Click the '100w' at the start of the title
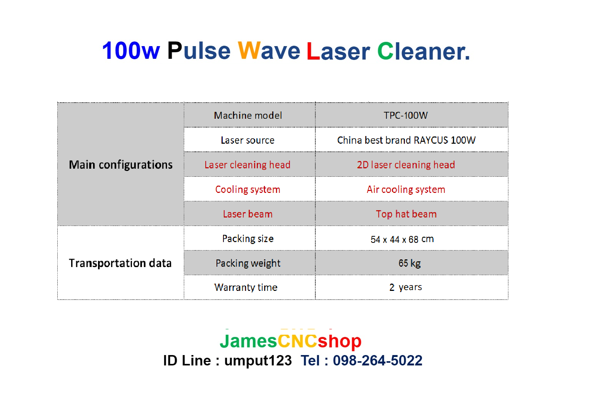pyautogui.click(x=131, y=51)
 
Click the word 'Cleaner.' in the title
pyautogui.click(x=423, y=51)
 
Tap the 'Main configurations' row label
pyautogui.click(x=121, y=164)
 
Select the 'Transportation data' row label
pyautogui.click(x=120, y=263)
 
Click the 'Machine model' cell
pyautogui.click(x=248, y=115)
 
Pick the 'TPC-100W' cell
pyautogui.click(x=406, y=115)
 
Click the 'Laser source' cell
pyautogui.click(x=248, y=140)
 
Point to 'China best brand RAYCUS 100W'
pyautogui.click(x=406, y=140)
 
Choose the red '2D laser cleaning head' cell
pyautogui.click(x=406, y=165)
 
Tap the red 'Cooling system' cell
pyautogui.click(x=248, y=189)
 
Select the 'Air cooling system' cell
pyautogui.click(x=406, y=189)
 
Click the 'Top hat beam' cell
pyautogui.click(x=406, y=214)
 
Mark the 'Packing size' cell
pyautogui.click(x=248, y=239)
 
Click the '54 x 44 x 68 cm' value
pyautogui.click(x=402, y=239)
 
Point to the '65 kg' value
pyautogui.click(x=410, y=263)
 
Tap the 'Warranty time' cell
pyautogui.click(x=246, y=287)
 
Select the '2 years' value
pyautogui.click(x=406, y=287)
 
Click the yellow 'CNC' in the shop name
pyautogui.click(x=297, y=341)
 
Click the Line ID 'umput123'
pyautogui.click(x=258, y=360)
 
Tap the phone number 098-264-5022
pyautogui.click(x=378, y=360)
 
